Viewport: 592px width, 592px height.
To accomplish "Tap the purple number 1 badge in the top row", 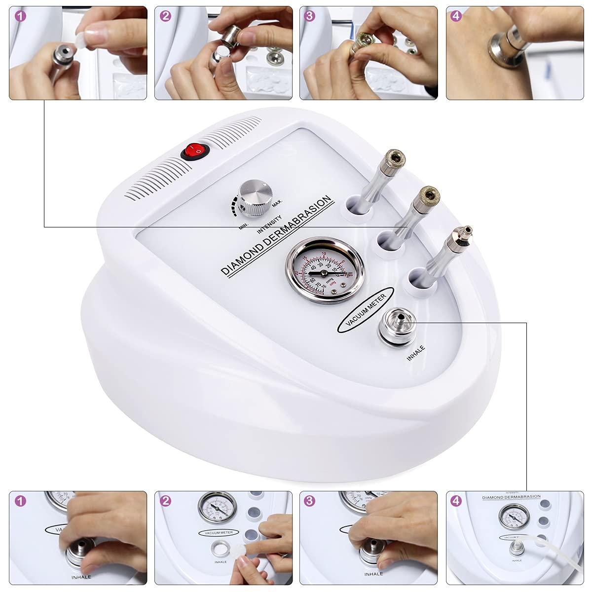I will [20, 16].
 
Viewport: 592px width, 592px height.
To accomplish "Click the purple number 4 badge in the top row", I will [456, 16].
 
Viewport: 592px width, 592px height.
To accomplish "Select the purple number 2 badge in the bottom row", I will [166, 501].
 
